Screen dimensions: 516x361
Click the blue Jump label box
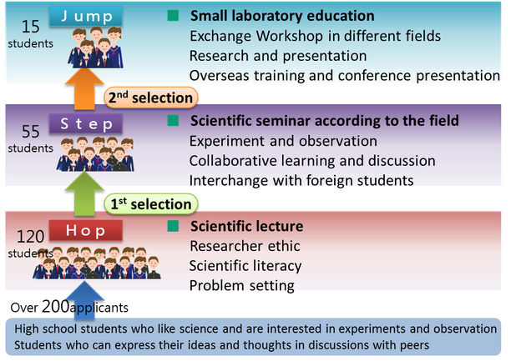[x=86, y=16]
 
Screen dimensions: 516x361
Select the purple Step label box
[x=86, y=124]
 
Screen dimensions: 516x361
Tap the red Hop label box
[x=86, y=230]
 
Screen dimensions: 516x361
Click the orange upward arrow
[x=84, y=88]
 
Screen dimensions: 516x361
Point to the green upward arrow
[x=84, y=193]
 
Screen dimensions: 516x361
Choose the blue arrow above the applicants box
[x=84, y=299]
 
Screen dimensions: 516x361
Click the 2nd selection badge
[x=151, y=98]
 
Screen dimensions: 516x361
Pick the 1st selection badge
[x=151, y=204]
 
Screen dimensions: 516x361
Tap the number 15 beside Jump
[x=31, y=27]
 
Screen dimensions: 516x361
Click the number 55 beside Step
[x=31, y=132]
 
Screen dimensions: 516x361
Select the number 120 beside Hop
[x=30, y=237]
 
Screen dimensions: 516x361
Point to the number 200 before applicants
[x=56, y=306]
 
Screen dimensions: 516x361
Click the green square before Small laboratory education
[x=173, y=16]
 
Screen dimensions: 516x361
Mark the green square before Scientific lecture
[x=173, y=226]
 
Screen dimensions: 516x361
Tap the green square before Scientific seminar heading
[x=173, y=121]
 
